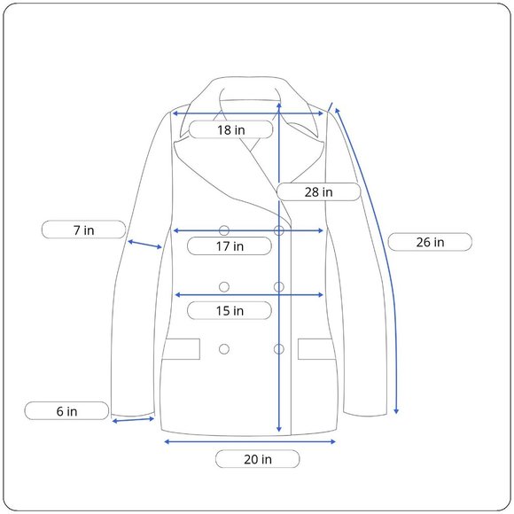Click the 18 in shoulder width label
pyautogui.click(x=230, y=129)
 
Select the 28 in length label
pyautogui.click(x=318, y=191)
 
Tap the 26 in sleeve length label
pyautogui.click(x=430, y=242)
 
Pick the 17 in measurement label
pyautogui.click(x=230, y=245)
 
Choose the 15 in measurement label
pyautogui.click(x=230, y=310)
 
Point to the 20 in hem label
pyautogui.click(x=258, y=459)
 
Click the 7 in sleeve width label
pyautogui.click(x=83, y=230)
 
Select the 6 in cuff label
pyautogui.click(x=66, y=410)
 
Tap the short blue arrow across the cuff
pyautogui.click(x=133, y=419)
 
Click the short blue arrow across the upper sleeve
pyautogui.click(x=144, y=245)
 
